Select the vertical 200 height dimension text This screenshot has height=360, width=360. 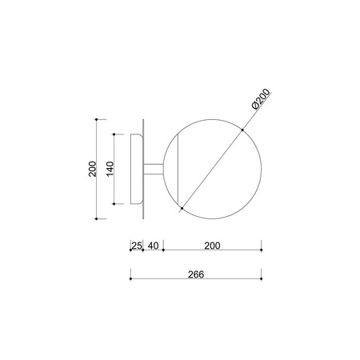pos(93,169)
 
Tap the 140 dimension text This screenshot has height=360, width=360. pos(111,169)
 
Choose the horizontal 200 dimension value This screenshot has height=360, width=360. pos(212,246)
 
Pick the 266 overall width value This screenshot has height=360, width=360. pos(196,273)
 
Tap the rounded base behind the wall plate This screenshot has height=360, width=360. pos(137,169)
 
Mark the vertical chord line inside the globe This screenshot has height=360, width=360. pos(179,169)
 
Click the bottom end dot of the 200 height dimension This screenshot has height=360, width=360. pos(97,217)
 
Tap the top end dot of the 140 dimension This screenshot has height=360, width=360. pos(116,134)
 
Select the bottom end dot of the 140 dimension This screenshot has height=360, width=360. pos(116,202)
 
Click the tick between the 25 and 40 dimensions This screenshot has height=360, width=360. pos(142,250)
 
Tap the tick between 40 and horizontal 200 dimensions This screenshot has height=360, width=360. pos(163,250)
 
